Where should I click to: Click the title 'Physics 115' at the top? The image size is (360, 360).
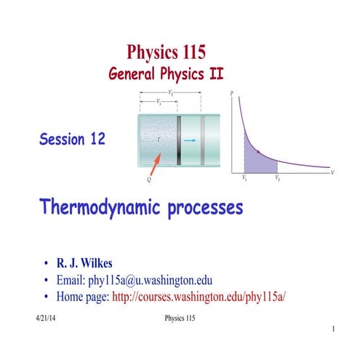pyautogui.click(x=167, y=52)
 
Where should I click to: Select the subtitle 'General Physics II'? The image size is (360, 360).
pyautogui.click(x=167, y=73)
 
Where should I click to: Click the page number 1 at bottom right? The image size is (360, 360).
pyautogui.click(x=332, y=330)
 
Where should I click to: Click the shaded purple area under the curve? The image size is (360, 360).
pyautogui.click(x=258, y=159)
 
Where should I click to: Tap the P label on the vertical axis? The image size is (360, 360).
pyautogui.click(x=232, y=94)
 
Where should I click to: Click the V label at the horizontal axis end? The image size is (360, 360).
pyautogui.click(x=332, y=173)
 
